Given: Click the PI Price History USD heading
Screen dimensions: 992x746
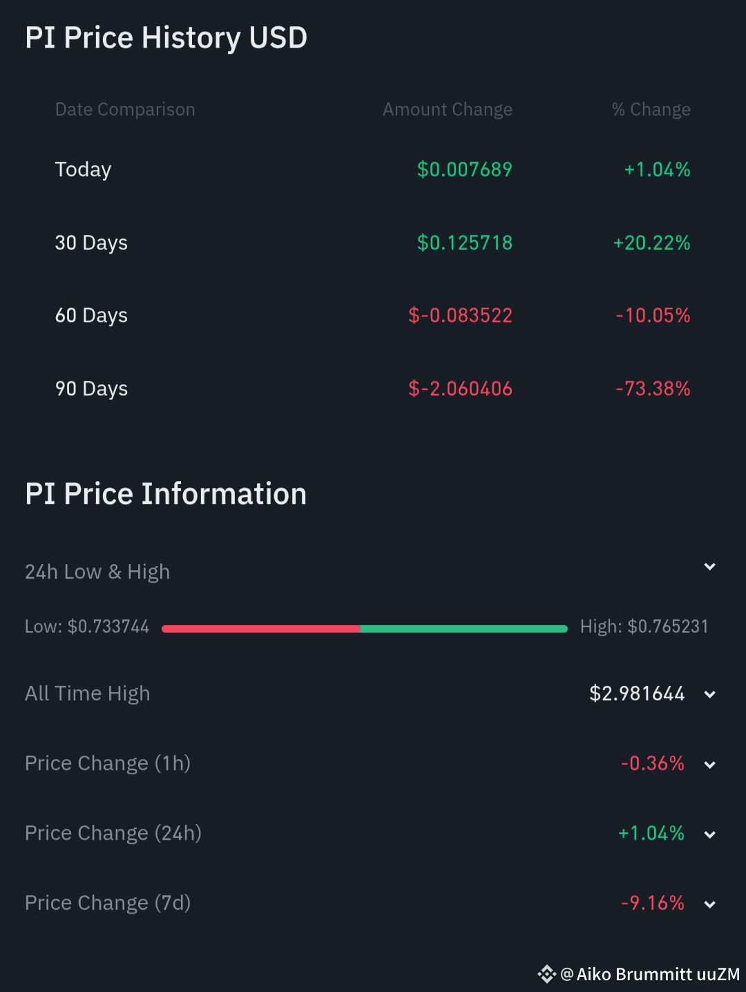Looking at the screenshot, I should pos(166,38).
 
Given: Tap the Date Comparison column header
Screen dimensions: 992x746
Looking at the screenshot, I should pos(125,109).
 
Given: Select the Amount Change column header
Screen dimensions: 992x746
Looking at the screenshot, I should pos(448,109).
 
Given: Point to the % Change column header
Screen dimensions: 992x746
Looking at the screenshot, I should pos(651,109).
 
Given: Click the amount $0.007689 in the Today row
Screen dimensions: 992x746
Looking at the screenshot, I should pos(464,169).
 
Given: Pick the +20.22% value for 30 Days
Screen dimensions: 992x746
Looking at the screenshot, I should pos(651,243).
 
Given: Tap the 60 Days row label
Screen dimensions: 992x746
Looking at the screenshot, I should pos(91,315).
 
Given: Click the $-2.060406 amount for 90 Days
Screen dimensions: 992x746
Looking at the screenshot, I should pos(460,389).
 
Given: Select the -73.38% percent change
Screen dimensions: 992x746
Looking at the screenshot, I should pos(653,389).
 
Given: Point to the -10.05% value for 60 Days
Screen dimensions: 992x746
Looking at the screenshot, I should pos(653,315).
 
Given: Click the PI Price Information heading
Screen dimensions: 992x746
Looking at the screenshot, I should pos(166,494).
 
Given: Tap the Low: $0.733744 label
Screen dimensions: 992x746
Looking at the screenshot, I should pos(87,626).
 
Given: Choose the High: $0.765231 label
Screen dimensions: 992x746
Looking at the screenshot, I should pos(644,626).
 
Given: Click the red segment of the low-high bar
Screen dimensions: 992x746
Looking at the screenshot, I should pos(260,628).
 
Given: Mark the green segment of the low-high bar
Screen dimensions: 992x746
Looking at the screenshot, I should pos(463,628).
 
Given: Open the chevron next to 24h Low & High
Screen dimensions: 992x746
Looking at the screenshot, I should pos(709,567).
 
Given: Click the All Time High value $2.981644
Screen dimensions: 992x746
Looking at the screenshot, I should pos(637,693).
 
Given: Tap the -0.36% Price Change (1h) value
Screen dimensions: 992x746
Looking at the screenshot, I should pos(652,763).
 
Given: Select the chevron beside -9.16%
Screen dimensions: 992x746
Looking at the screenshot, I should pos(709,904).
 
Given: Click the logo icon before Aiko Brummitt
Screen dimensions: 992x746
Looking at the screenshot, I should pos(546,974).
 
